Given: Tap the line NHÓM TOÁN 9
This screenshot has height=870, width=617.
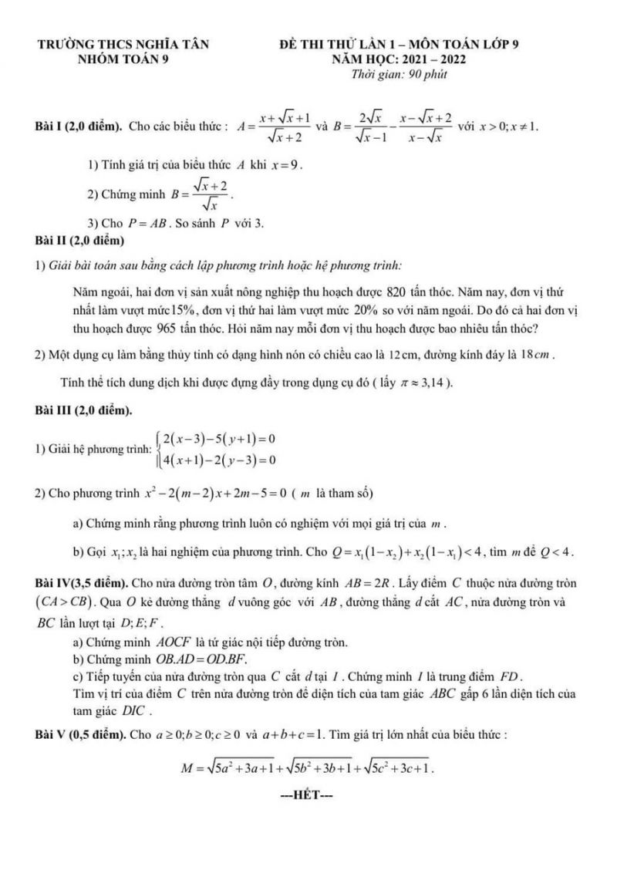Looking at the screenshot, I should [123, 59].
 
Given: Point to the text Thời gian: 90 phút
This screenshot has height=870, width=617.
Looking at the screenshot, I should [399, 75].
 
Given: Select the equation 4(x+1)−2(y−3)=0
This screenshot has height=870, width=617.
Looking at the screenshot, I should [218, 460].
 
